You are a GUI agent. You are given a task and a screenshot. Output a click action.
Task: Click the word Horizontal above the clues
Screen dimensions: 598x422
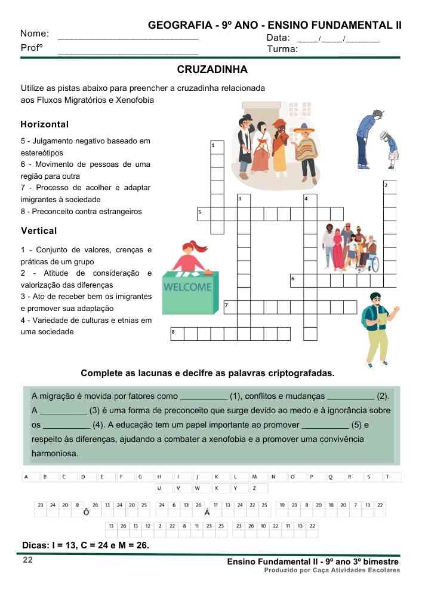click(x=45, y=124)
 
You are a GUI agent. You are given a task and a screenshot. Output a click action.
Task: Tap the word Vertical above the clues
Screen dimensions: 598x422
click(x=39, y=231)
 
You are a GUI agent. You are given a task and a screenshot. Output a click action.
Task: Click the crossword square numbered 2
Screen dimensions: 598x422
click(x=390, y=187)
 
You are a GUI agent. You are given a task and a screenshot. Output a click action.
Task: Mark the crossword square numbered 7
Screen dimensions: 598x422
click(x=230, y=307)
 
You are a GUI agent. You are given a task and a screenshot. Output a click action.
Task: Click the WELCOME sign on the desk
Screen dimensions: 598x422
click(x=187, y=287)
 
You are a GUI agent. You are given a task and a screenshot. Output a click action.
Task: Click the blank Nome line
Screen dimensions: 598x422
click(x=128, y=38)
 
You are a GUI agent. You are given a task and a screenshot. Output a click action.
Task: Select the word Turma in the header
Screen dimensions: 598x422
click(x=283, y=49)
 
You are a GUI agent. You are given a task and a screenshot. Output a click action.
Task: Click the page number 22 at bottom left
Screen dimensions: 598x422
click(x=27, y=560)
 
